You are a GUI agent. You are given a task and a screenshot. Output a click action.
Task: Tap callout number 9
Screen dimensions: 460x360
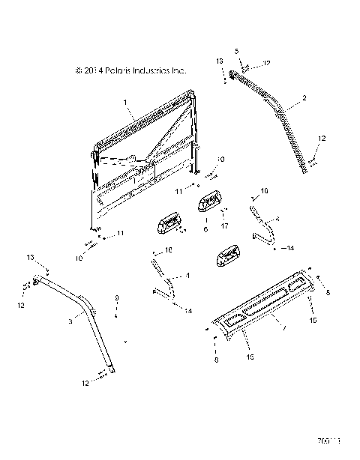click(x=116, y=297)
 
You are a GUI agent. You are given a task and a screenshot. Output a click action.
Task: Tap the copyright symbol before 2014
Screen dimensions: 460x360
click(x=78, y=70)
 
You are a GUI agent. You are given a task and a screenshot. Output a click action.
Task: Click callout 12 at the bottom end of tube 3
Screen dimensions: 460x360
click(x=85, y=383)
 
